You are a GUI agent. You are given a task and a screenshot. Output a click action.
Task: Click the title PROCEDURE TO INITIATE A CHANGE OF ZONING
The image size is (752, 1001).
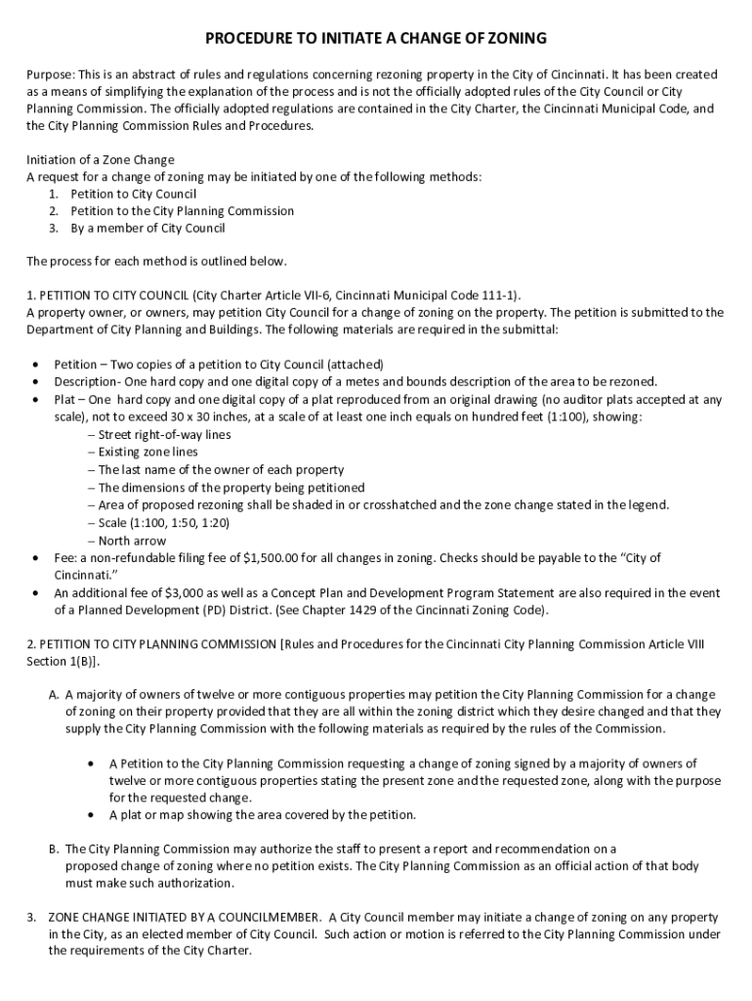376,39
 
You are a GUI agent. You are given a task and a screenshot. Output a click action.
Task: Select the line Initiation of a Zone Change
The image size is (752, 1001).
101,159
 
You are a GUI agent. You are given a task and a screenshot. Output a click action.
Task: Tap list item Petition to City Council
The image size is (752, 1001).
133,194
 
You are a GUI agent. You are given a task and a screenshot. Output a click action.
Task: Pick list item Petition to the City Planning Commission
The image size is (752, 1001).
182,211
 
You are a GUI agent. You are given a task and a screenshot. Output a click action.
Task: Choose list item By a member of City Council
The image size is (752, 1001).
147,228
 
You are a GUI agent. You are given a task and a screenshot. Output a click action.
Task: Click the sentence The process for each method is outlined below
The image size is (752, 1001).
156,262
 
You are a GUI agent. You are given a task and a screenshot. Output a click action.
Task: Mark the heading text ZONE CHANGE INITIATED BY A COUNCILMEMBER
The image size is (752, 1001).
185,918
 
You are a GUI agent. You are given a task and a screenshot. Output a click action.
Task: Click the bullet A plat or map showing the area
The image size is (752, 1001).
262,815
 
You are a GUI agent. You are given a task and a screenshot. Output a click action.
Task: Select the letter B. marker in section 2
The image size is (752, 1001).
55,849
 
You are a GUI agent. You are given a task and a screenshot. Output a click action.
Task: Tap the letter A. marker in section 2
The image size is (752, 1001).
55,695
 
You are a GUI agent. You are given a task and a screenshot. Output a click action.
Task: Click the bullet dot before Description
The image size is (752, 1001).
36,381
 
